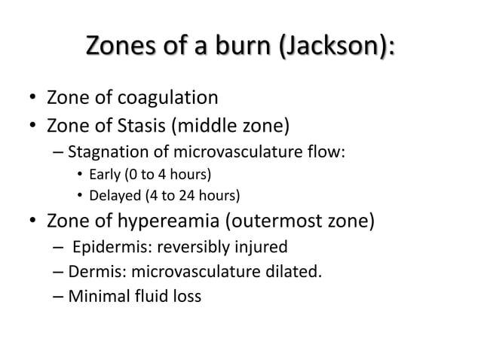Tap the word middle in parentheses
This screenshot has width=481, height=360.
click(233, 124)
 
